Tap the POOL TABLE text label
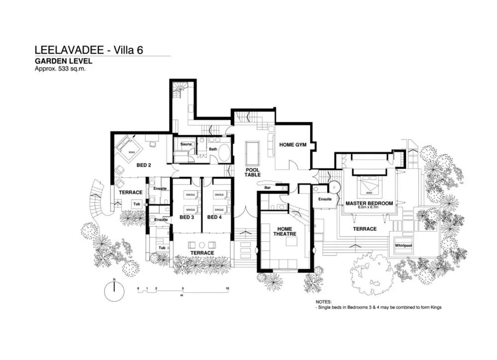pos(252,173)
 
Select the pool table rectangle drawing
pos(252,152)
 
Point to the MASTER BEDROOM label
pos(369,203)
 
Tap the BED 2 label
pos(144,165)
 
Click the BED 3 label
pos(186,217)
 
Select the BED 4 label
pos(214,217)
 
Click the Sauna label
pos(186,144)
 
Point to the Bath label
pos(213,149)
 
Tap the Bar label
pos(267,188)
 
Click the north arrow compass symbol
pos(114,291)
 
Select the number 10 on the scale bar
pos(227,288)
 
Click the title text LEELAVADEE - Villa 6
pos(89,50)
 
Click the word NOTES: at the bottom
pos(324,302)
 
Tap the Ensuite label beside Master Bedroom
pos(325,199)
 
